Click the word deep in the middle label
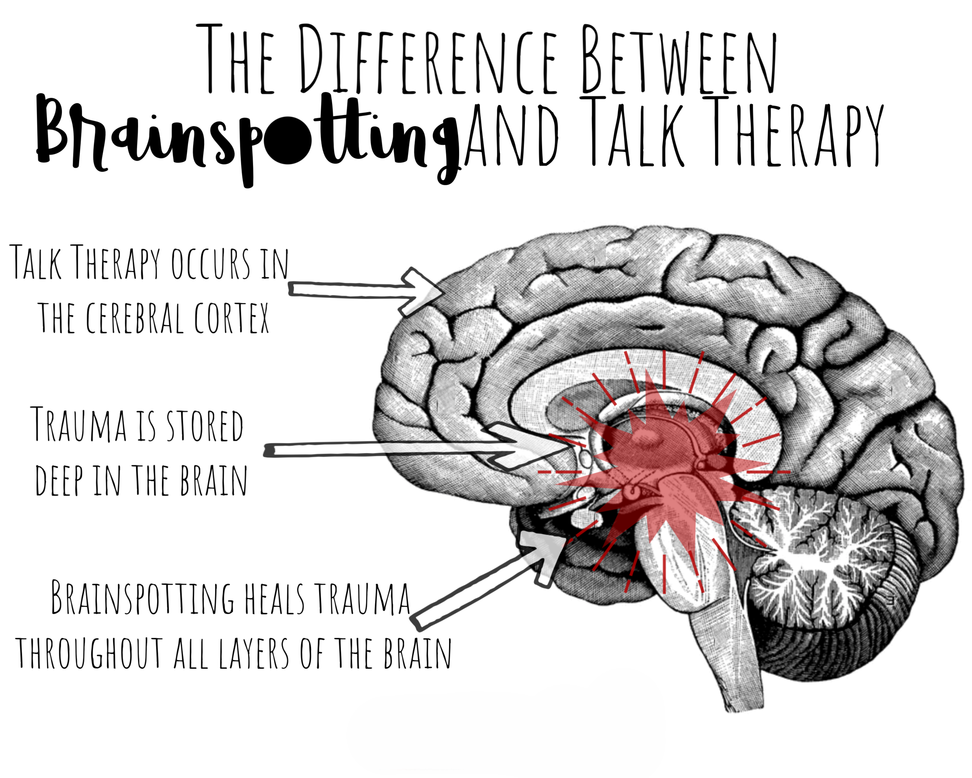tap(59, 480)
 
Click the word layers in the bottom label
tap(254, 653)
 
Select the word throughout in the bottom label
tap(89, 653)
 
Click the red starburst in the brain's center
tap(663, 469)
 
